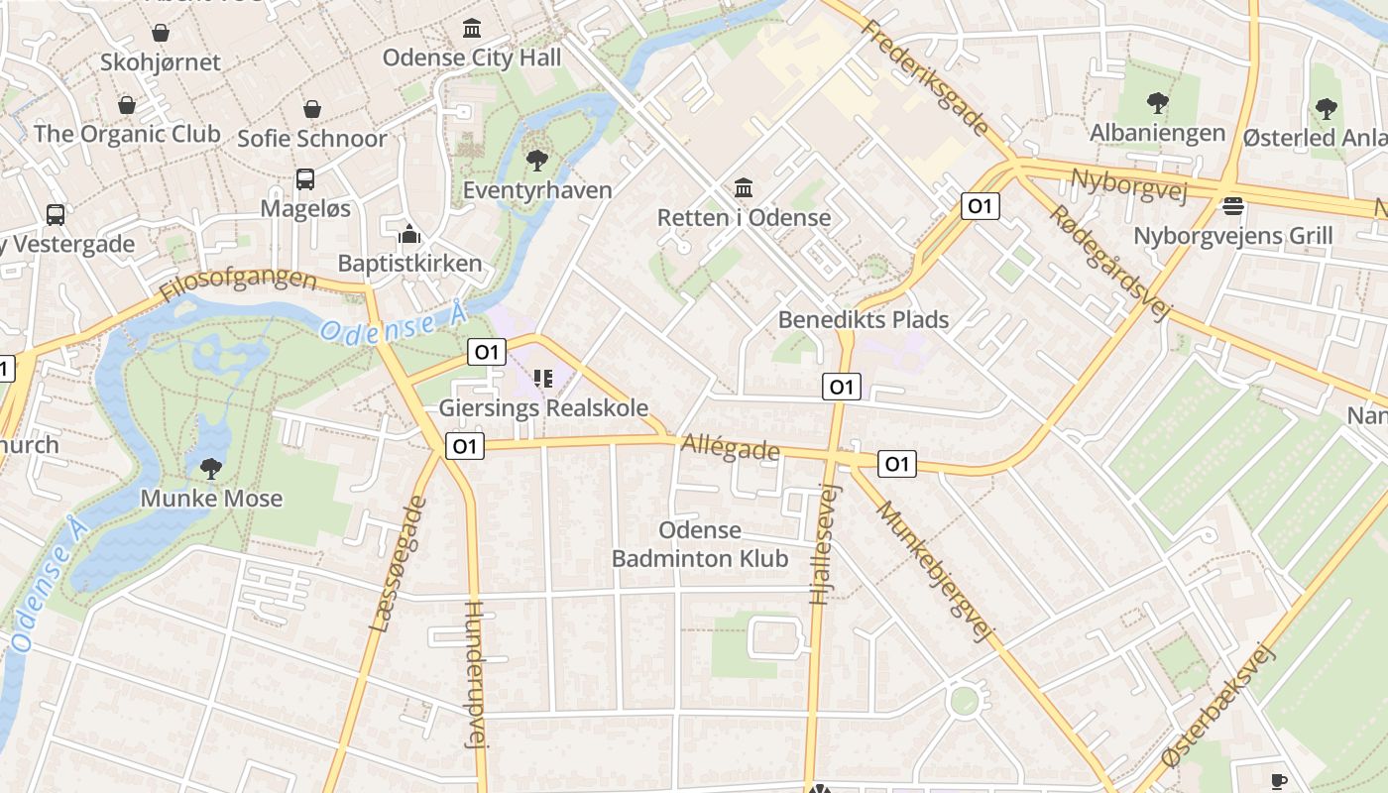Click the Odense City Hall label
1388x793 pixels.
pyautogui.click(x=472, y=57)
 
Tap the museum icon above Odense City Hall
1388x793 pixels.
pyautogui.click(x=472, y=28)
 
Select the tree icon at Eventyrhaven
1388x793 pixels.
pyautogui.click(x=537, y=159)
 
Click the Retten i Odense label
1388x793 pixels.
pyautogui.click(x=744, y=217)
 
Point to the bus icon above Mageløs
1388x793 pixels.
pyautogui.click(x=305, y=179)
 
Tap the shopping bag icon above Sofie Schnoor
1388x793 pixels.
pyautogui.click(x=312, y=108)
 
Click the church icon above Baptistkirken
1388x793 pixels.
pyautogui.click(x=409, y=235)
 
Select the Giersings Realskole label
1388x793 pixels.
pyautogui.click(x=543, y=407)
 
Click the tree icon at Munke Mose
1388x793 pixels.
pyautogui.click(x=210, y=468)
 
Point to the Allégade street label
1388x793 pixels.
pyautogui.click(x=731, y=449)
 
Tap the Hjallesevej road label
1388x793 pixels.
pyautogui.click(x=823, y=544)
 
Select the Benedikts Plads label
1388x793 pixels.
pyautogui.click(x=863, y=319)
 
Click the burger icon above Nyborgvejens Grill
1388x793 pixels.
pyautogui.click(x=1233, y=206)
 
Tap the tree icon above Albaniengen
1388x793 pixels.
pyautogui.click(x=1157, y=102)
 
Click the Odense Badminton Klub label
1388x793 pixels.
pyautogui.click(x=700, y=544)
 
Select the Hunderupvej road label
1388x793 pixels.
pyautogui.click(x=477, y=674)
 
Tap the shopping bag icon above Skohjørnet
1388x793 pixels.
pyautogui.click(x=161, y=33)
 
